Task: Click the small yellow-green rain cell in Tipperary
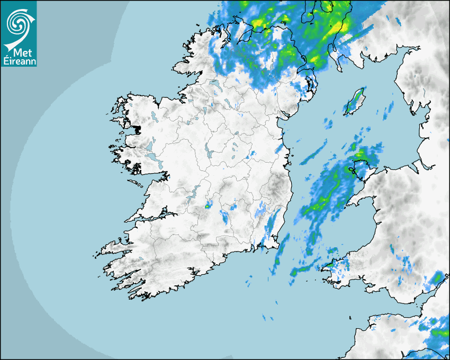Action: coord(208,206)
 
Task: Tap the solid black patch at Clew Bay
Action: coord(137,129)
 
